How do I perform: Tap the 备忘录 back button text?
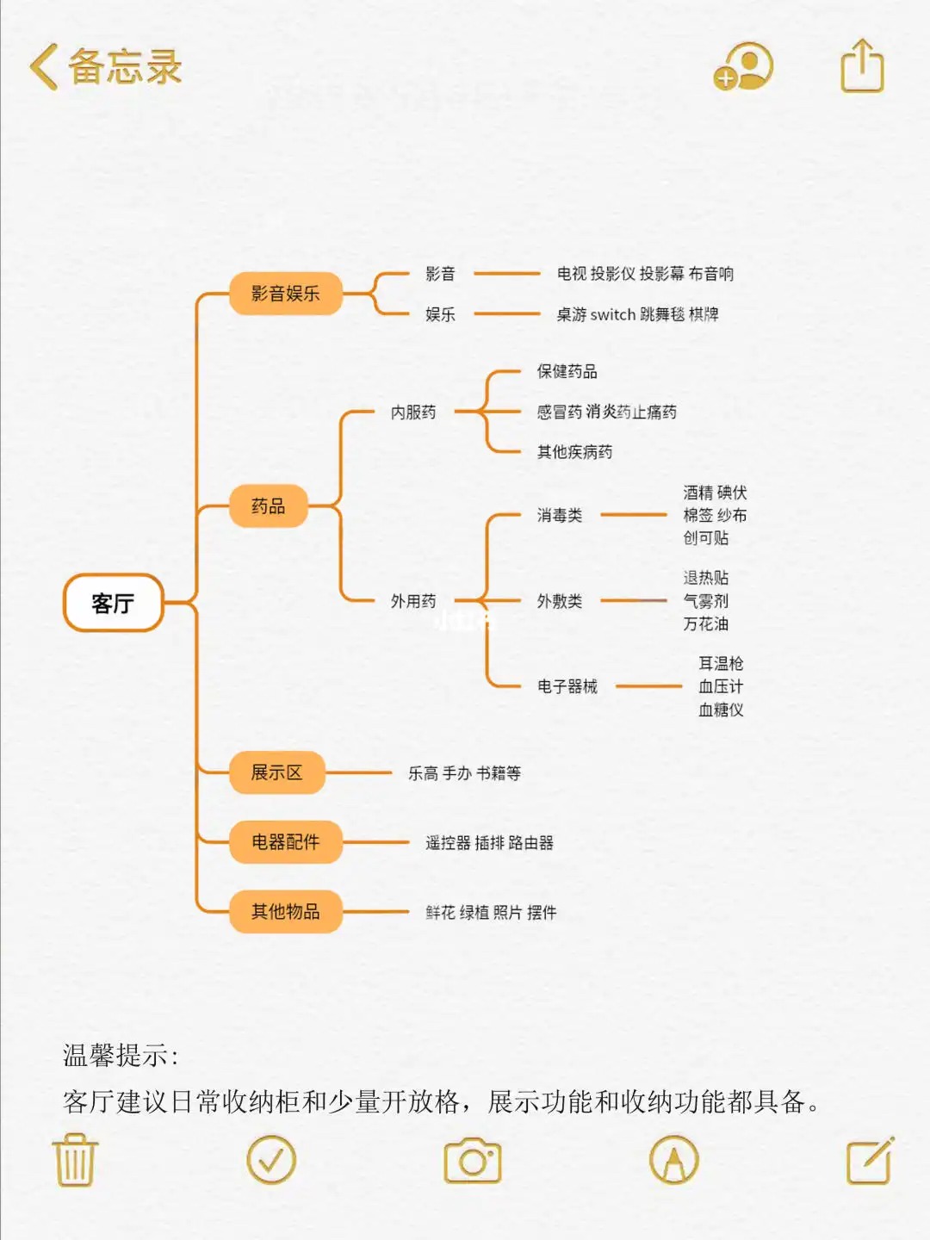click(124, 67)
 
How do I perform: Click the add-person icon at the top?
click(744, 66)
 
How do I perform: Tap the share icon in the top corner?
click(862, 66)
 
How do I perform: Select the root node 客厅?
click(113, 603)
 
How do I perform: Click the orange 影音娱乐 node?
click(285, 294)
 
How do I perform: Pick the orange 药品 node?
click(268, 506)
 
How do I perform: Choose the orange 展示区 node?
click(276, 772)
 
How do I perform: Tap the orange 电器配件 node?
click(285, 842)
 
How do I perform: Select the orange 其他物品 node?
click(285, 911)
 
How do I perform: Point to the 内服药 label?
click(413, 412)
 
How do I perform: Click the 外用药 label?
click(413, 601)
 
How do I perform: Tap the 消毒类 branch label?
click(560, 515)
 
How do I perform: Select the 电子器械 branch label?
click(567, 686)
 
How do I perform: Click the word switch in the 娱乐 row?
click(613, 314)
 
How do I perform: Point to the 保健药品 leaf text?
click(567, 371)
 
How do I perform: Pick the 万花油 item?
click(705, 623)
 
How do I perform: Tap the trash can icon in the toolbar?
click(76, 1160)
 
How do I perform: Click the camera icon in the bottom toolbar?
click(472, 1161)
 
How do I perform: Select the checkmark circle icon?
click(271, 1160)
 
